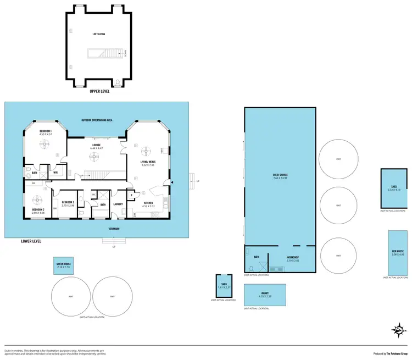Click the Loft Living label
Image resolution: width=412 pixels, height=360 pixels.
coord(99,34)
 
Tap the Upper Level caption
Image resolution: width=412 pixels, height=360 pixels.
coord(99,91)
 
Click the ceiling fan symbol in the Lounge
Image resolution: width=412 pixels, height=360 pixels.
coord(95,158)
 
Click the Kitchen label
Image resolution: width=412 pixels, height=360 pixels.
coord(149,203)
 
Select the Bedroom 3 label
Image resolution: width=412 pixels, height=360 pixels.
coord(68,202)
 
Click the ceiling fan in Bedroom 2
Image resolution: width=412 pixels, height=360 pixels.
coord(38,200)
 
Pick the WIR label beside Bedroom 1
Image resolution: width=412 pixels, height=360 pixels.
coord(55,173)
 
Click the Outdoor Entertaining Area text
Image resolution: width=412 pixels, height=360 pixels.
coord(97,120)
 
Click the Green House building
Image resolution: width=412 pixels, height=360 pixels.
coord(64,265)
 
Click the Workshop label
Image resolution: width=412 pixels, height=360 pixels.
coord(293,258)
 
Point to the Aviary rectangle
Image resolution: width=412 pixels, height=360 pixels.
coord(265,295)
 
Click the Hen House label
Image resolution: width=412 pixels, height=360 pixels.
coord(394,252)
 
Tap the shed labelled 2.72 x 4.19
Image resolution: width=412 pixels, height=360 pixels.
coord(394,188)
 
